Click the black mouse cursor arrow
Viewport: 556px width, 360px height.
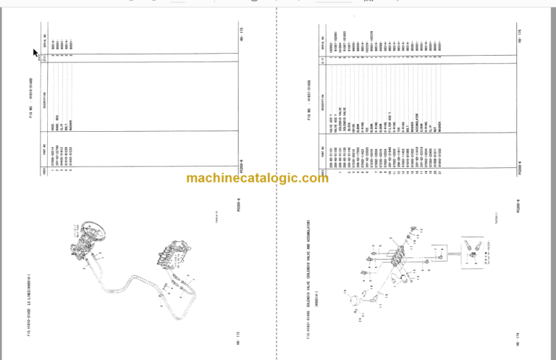coord(35,53)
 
